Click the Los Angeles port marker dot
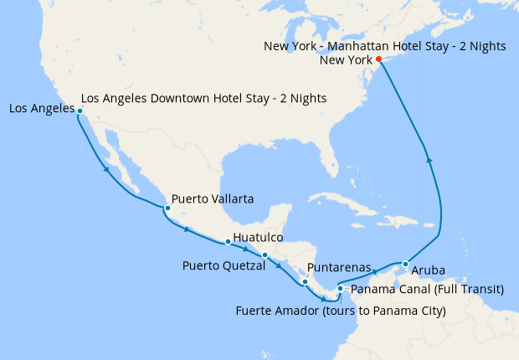pyautogui.click(x=80, y=111)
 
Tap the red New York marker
pyautogui.click(x=378, y=59)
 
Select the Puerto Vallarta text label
pyautogui.click(x=213, y=199)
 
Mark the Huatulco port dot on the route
pyautogui.click(x=228, y=242)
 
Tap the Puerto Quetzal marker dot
pyautogui.click(x=265, y=255)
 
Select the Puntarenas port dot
pyautogui.click(x=306, y=281)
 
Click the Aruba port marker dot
pyautogui.click(x=406, y=265)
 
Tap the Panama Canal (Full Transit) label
pyautogui.click(x=427, y=290)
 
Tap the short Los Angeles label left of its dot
pyautogui.click(x=40, y=109)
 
